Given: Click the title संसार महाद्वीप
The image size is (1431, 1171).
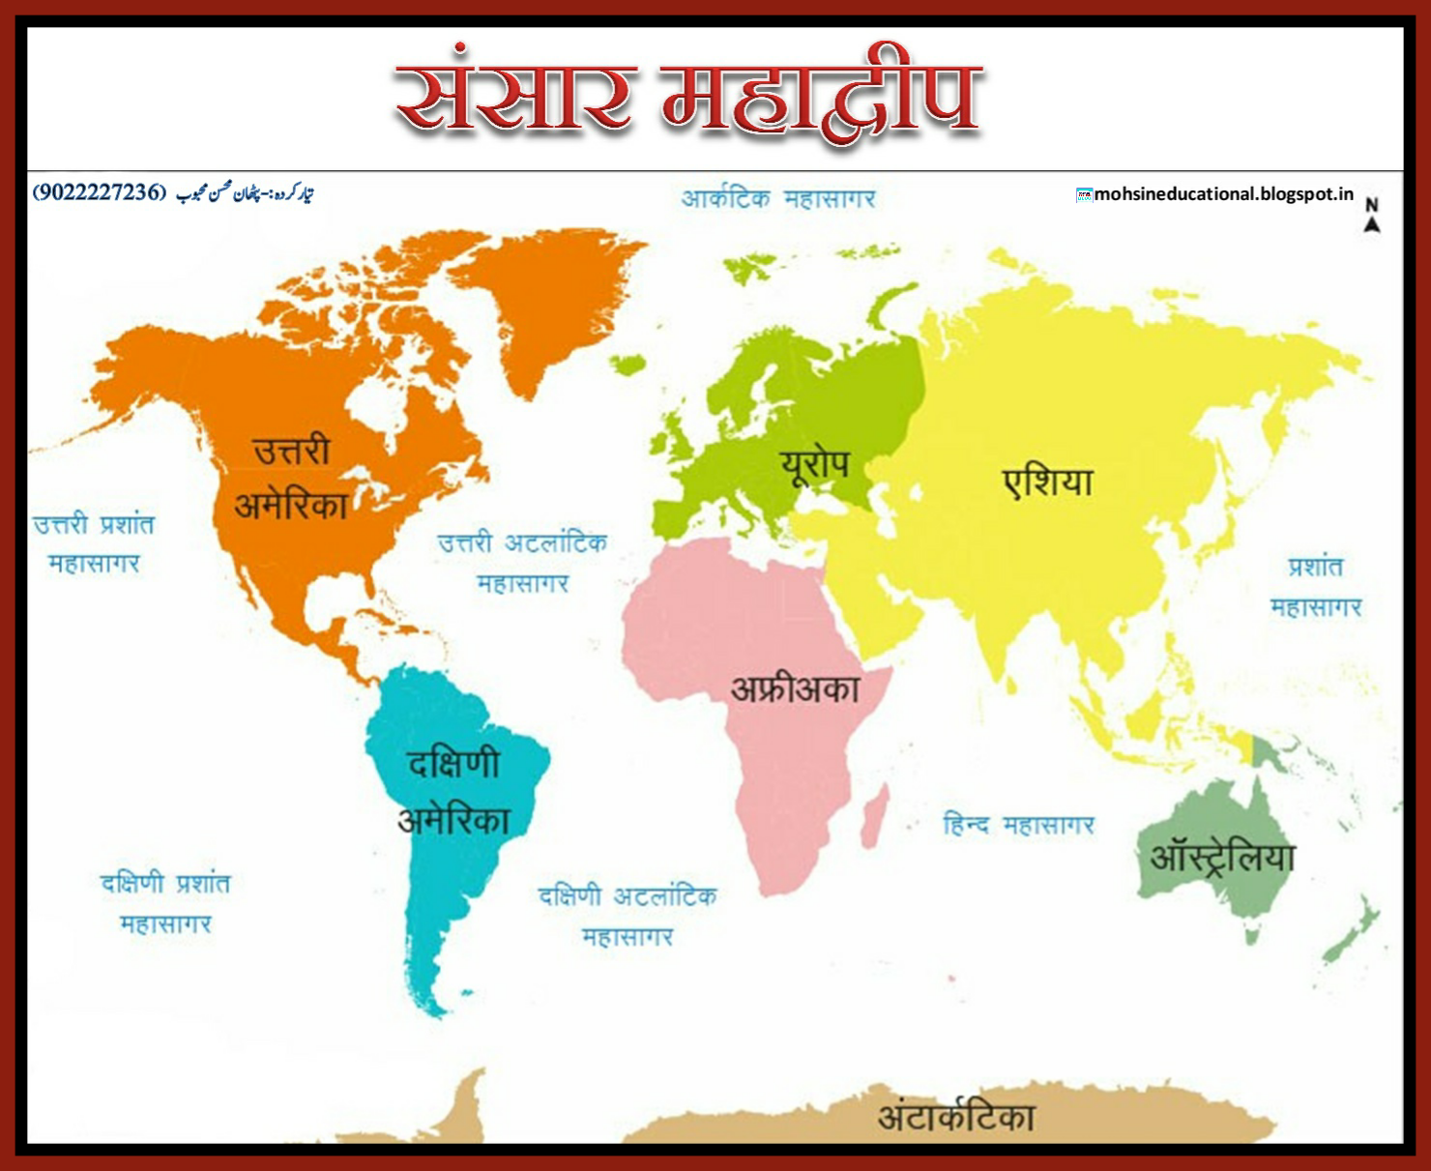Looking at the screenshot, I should point(688,99).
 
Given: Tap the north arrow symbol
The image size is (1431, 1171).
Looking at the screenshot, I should point(1371,216).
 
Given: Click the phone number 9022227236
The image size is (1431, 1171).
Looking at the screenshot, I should point(99,191).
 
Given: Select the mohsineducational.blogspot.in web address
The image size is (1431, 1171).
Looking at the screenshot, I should point(1222,194).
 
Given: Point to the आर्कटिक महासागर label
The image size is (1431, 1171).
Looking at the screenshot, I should point(777,199).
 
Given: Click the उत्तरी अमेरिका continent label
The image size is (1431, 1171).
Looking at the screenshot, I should point(291,479).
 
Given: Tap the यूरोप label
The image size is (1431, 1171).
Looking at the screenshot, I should point(815,465).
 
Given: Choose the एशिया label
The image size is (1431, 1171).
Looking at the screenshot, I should point(1048,481).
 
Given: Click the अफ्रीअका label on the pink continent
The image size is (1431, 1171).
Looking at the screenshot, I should point(795,688).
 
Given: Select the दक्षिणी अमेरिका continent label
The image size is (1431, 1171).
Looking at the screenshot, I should point(453,792).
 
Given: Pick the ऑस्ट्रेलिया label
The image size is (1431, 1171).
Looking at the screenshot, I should point(1221,857).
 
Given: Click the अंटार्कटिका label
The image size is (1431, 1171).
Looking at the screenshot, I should point(955,1117).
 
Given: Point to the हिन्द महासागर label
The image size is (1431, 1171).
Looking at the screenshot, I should point(1018,825).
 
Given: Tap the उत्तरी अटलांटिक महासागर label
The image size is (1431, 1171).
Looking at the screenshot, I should point(522,563).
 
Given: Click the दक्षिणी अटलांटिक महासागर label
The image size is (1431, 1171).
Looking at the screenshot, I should point(628,916).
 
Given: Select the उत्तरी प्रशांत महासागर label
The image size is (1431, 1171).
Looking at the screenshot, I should point(94,543).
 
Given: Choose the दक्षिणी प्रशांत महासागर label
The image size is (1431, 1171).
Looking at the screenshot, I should point(165,903).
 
